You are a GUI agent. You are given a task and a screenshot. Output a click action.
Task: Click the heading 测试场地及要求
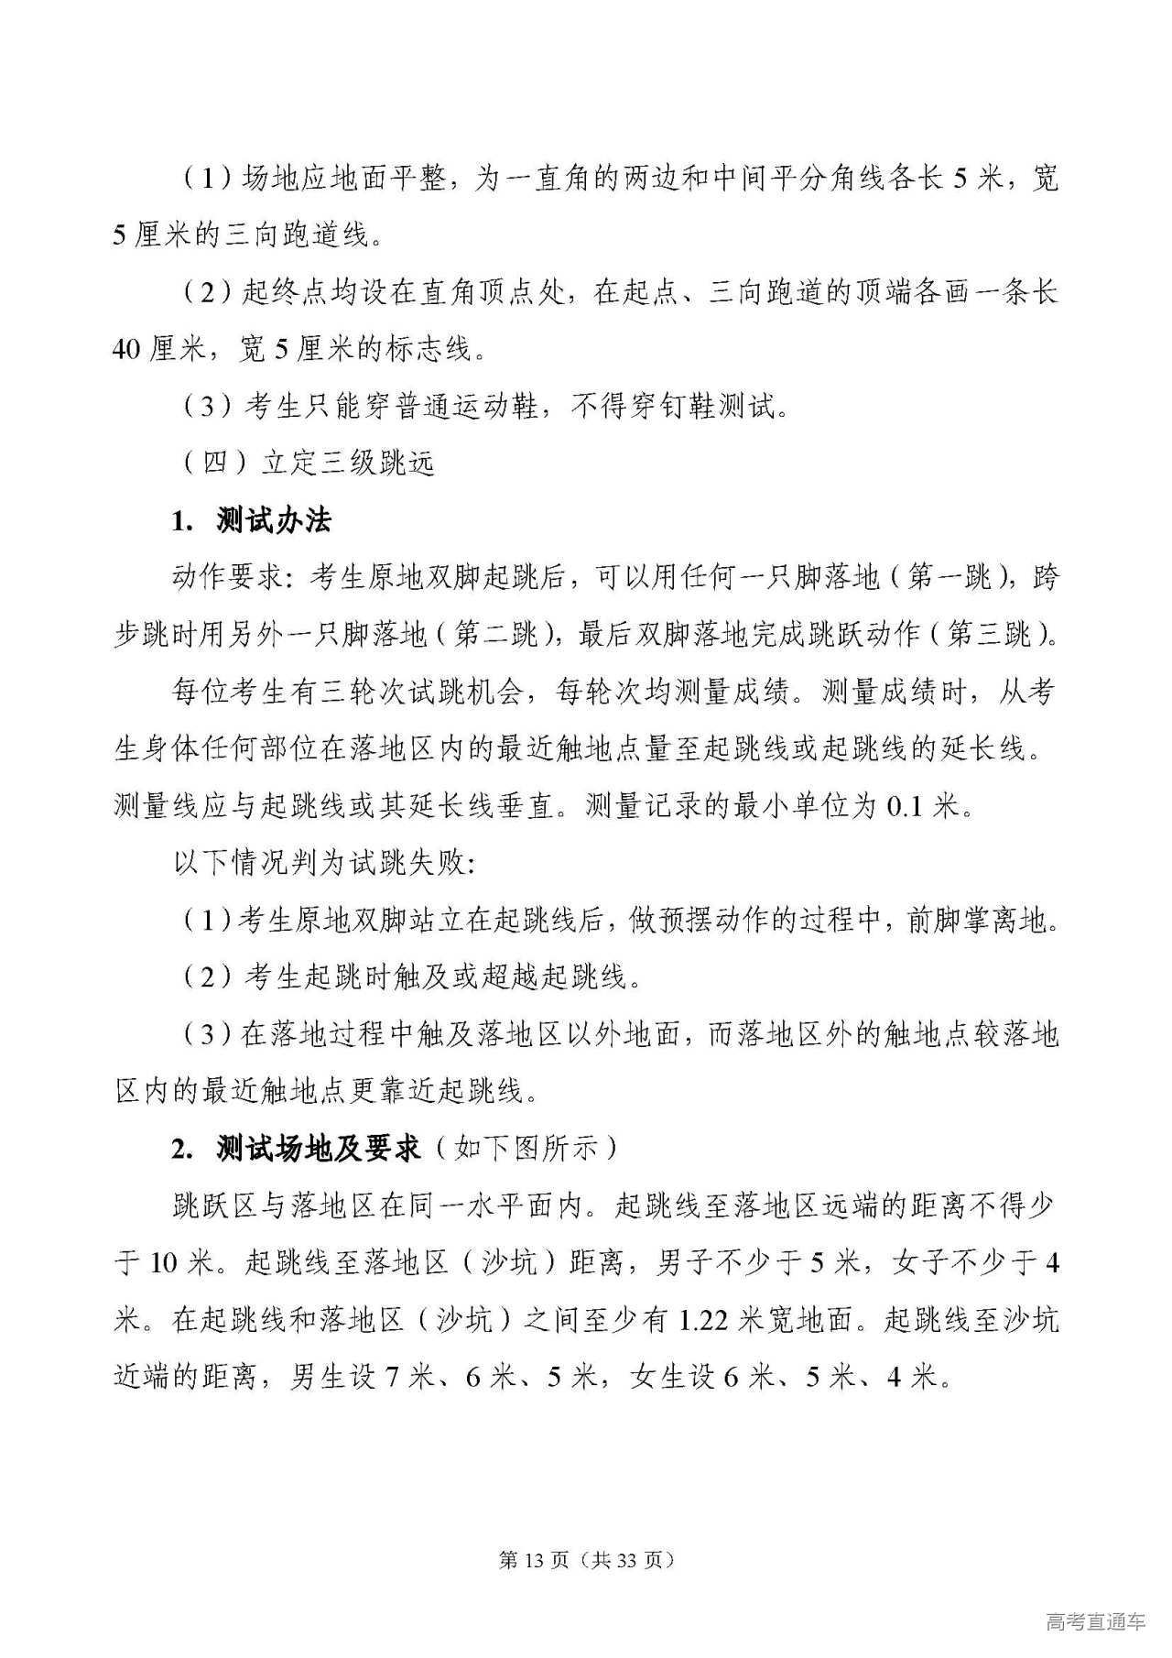click(318, 1148)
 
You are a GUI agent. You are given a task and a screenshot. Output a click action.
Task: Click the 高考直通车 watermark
click(1095, 1621)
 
